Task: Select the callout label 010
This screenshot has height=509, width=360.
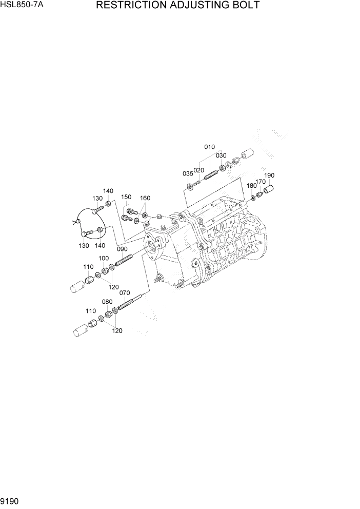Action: (210, 147)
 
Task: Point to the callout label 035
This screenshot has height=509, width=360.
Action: (187, 173)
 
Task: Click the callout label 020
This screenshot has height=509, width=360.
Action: (198, 170)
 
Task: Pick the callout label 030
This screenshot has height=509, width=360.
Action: (221, 155)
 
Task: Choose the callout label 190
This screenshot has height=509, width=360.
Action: (270, 175)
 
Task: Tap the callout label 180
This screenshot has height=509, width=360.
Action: (251, 185)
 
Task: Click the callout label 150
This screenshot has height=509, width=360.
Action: (126, 197)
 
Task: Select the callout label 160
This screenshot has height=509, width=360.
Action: (145, 198)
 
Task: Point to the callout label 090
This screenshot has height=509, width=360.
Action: (122, 249)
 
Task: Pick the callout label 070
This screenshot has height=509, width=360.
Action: (125, 293)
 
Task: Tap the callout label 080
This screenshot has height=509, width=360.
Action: (107, 302)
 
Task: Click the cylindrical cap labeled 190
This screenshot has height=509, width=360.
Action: (269, 190)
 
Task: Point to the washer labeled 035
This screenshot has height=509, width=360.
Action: (190, 185)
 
